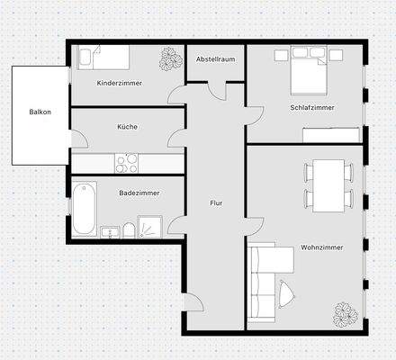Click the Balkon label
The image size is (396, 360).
coord(40,112)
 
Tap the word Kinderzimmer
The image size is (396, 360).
coord(120,83)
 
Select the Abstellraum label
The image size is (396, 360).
coord(215,58)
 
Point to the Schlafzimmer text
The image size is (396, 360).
coord(312,107)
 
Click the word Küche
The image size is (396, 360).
coord(127,127)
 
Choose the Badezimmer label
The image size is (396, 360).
coord(139,193)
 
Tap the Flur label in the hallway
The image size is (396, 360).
coord(216,203)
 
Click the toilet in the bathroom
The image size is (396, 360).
coord(130,230)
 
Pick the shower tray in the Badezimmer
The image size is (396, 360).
coord(152,228)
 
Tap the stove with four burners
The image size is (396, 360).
coord(126,163)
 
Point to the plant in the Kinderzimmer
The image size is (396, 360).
coord(168,59)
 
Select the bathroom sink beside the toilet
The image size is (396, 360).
coord(109,231)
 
